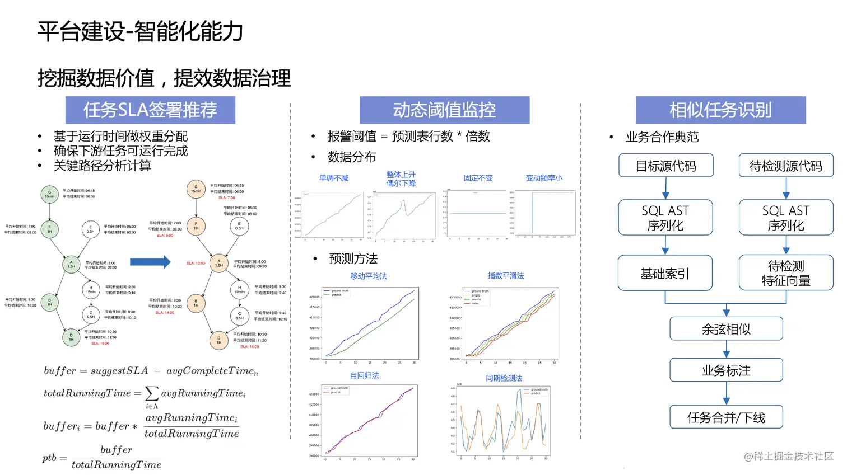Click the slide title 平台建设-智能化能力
140,31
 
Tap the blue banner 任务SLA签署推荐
150,110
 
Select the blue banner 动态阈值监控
444,110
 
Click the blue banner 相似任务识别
720,110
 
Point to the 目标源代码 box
665,166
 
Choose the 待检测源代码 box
785,166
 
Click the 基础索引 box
665,274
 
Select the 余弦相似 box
726,330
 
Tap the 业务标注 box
726,370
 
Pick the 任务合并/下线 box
726,417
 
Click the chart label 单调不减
334,178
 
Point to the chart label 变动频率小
543,178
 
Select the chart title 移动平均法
369,276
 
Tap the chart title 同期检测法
504,378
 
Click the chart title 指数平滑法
506,276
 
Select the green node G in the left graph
50,194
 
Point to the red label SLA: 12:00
196,263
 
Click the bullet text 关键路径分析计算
103,166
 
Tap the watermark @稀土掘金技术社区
789,457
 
